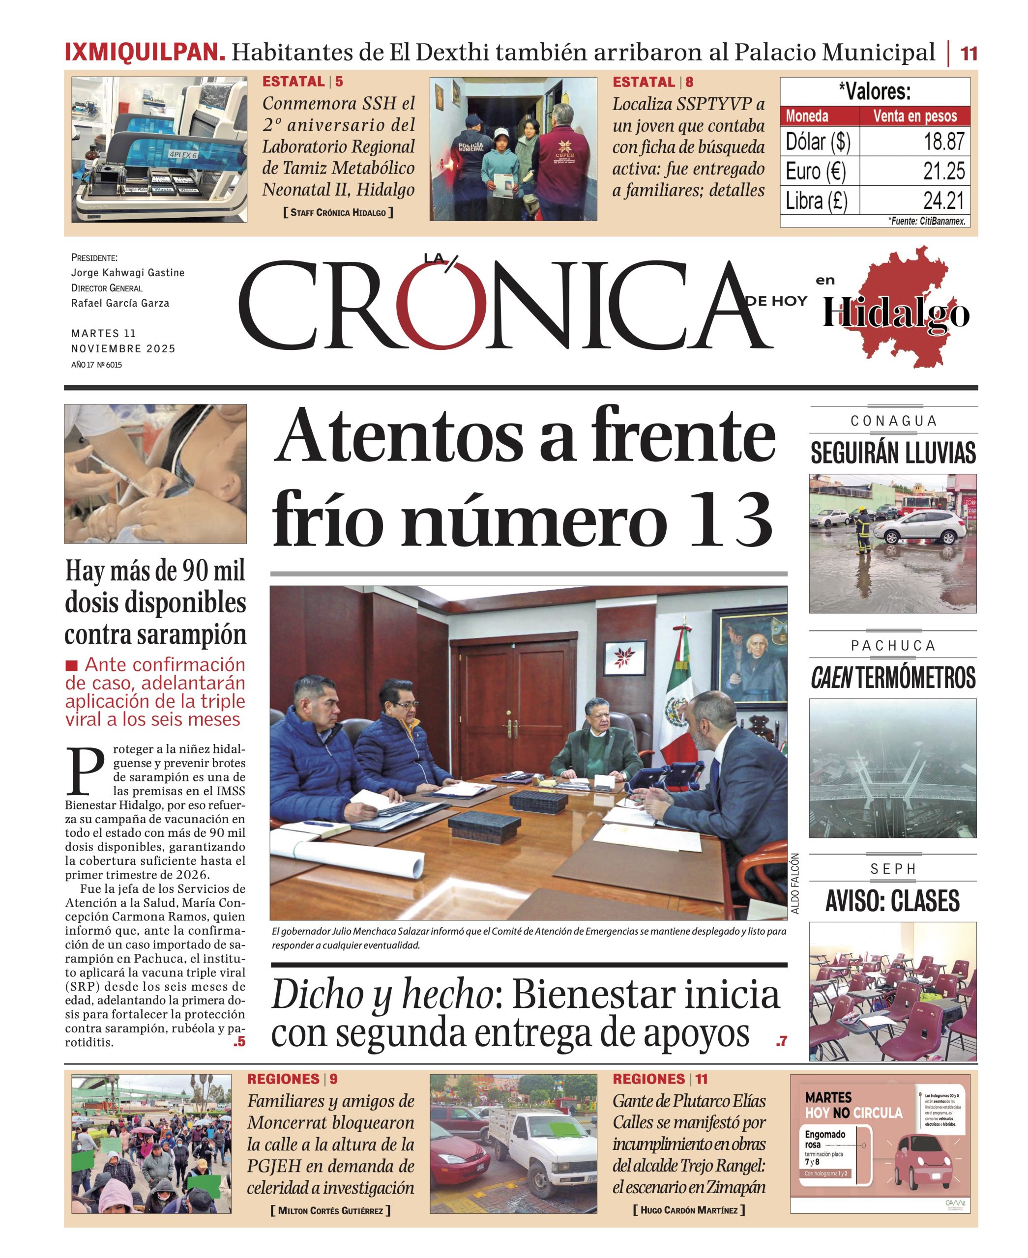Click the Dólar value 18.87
(x=944, y=142)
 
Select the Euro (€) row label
(x=816, y=171)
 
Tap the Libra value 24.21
(x=944, y=200)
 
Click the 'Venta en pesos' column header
(x=915, y=116)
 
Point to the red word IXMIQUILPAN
(x=145, y=52)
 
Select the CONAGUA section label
(x=893, y=421)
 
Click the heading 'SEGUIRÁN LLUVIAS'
(x=893, y=453)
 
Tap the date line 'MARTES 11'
(x=104, y=333)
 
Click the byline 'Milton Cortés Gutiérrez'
(x=330, y=1211)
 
